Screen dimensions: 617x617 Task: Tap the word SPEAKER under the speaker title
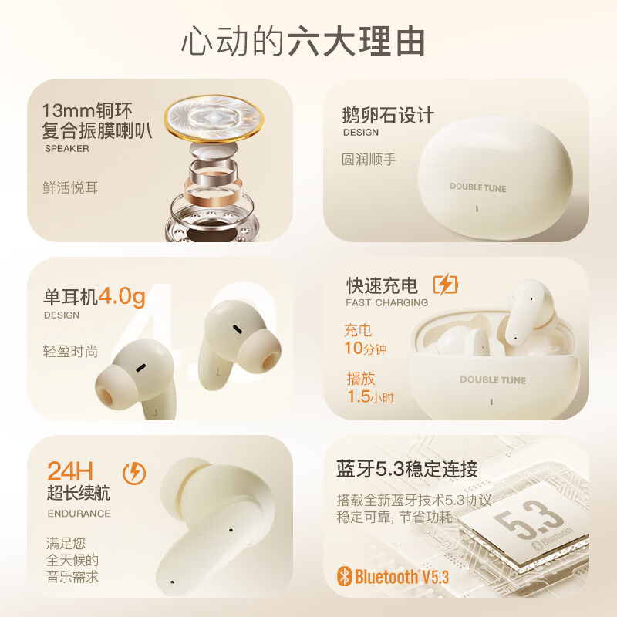[66, 148]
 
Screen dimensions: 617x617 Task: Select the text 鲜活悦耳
[70, 187]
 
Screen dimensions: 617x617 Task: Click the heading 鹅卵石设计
[388, 116]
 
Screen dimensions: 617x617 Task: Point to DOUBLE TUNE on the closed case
[478, 187]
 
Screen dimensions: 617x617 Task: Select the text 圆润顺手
[369, 160]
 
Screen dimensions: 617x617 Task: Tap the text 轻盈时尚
[70, 351]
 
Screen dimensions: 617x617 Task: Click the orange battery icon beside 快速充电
[445, 285]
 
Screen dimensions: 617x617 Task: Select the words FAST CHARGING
[386, 302]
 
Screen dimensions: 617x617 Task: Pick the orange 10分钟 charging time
[365, 349]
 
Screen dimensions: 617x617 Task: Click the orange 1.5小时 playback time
[369, 397]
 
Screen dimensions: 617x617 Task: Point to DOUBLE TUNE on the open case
[493, 379]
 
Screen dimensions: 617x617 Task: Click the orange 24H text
[70, 470]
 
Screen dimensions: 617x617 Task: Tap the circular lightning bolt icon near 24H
[134, 473]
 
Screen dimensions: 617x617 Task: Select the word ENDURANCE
[79, 513]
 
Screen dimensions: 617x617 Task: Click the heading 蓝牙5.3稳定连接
[407, 468]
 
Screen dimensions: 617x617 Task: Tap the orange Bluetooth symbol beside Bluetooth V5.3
[345, 575]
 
